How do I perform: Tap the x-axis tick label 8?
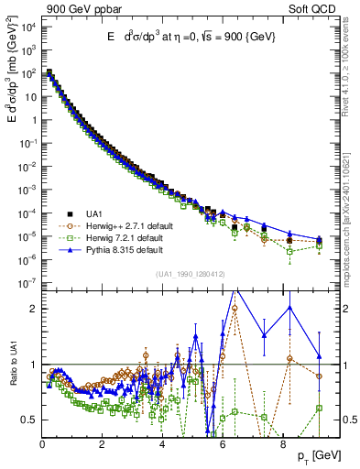coord(282,446)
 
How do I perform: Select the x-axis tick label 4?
coord(162,446)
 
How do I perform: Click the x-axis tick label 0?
coord(43,446)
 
